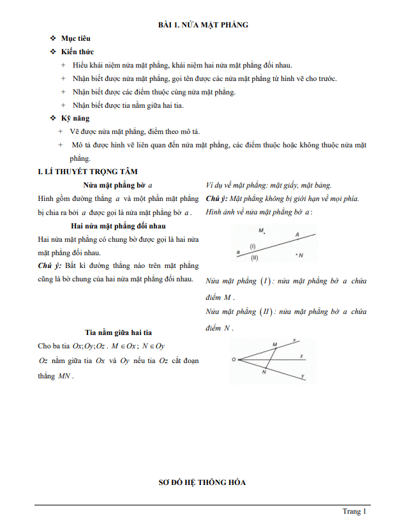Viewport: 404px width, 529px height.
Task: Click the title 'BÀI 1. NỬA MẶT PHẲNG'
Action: point(203,25)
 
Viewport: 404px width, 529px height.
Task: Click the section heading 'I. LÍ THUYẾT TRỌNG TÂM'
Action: point(87,172)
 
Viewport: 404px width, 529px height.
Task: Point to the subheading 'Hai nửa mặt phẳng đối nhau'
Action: point(117,226)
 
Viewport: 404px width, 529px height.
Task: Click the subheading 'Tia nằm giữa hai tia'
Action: point(117,332)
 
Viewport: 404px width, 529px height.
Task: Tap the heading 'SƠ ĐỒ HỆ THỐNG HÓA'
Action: point(202,482)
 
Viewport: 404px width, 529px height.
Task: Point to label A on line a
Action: point(297,235)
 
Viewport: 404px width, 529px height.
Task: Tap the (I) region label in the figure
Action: point(253,246)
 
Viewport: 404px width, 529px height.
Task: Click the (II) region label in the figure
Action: point(255,257)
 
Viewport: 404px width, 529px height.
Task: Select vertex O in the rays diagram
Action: point(234,359)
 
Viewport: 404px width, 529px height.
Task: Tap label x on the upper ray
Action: point(294,339)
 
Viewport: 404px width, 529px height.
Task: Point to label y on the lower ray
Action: point(302,376)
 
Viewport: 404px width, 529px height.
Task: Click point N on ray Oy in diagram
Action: point(264,372)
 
